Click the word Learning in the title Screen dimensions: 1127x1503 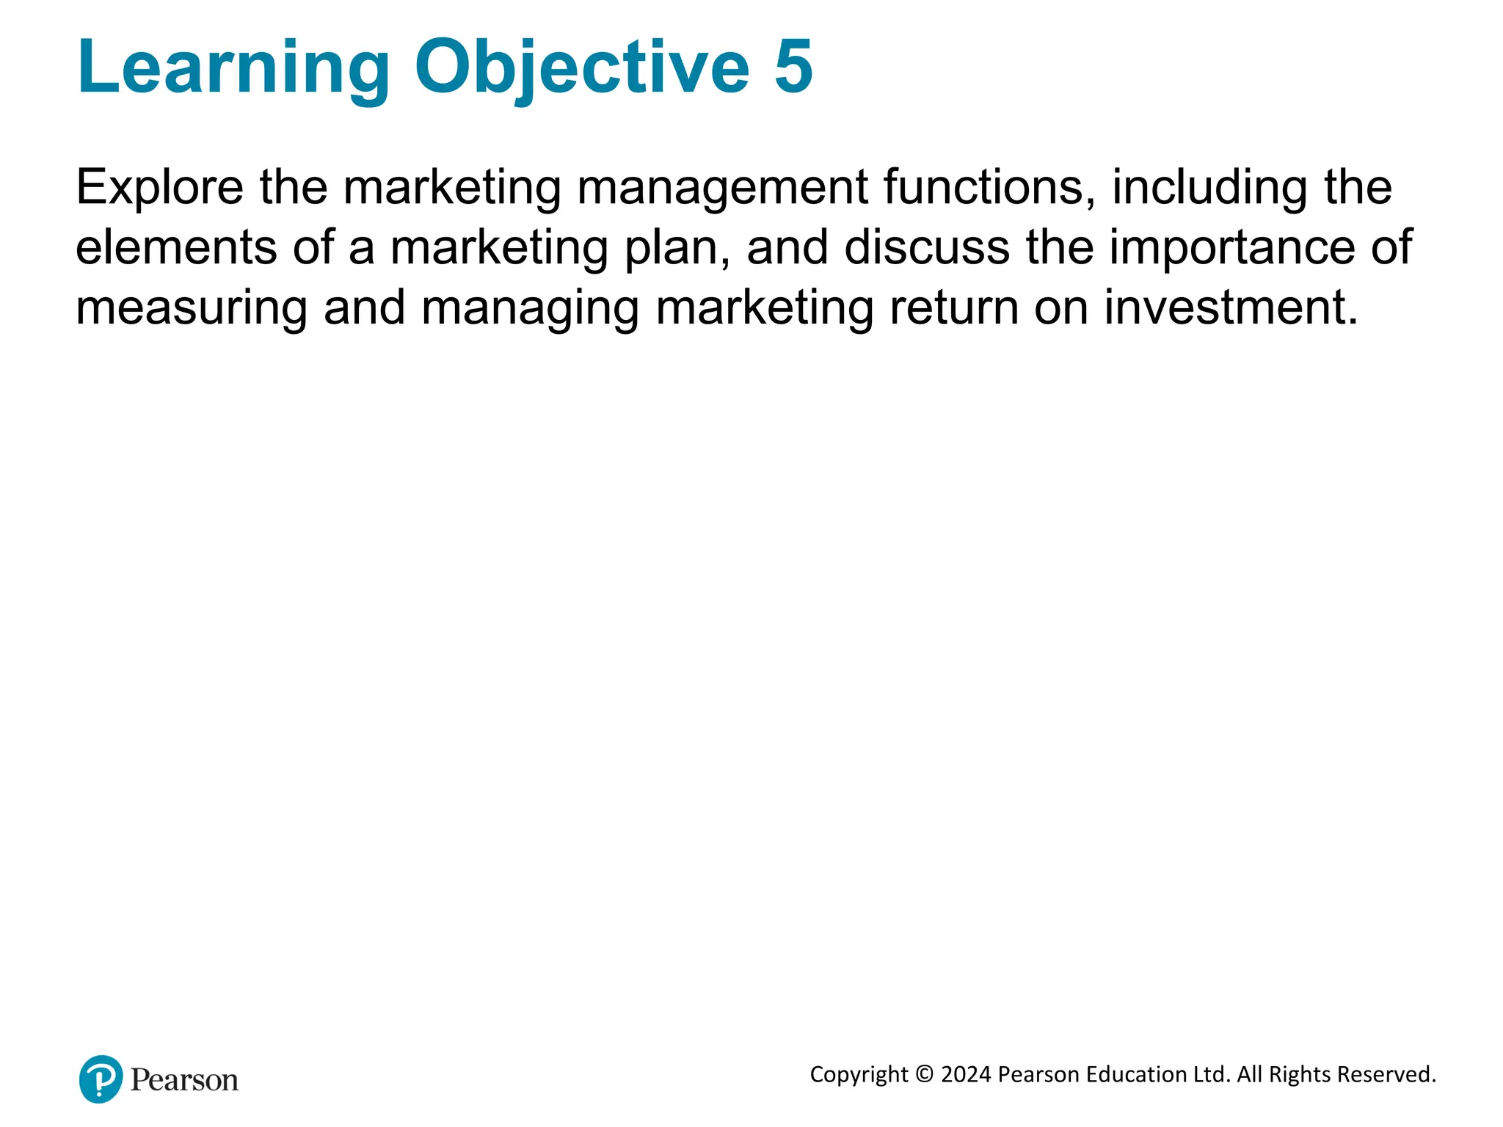click(x=233, y=68)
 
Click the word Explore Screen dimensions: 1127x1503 click(x=159, y=188)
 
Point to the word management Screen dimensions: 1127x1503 click(x=722, y=188)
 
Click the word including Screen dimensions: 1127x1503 click(x=1209, y=188)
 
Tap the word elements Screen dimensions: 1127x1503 click(x=176, y=247)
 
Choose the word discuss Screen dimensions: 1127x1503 click(x=927, y=247)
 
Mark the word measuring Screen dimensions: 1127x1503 click(x=192, y=308)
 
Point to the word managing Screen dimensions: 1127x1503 click(x=530, y=308)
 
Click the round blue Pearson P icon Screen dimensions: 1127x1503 click(x=101, y=1079)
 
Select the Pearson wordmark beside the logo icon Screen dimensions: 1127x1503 click(x=184, y=1080)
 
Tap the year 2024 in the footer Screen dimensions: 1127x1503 click(x=966, y=1075)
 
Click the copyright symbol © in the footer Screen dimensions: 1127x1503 click(x=925, y=1075)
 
